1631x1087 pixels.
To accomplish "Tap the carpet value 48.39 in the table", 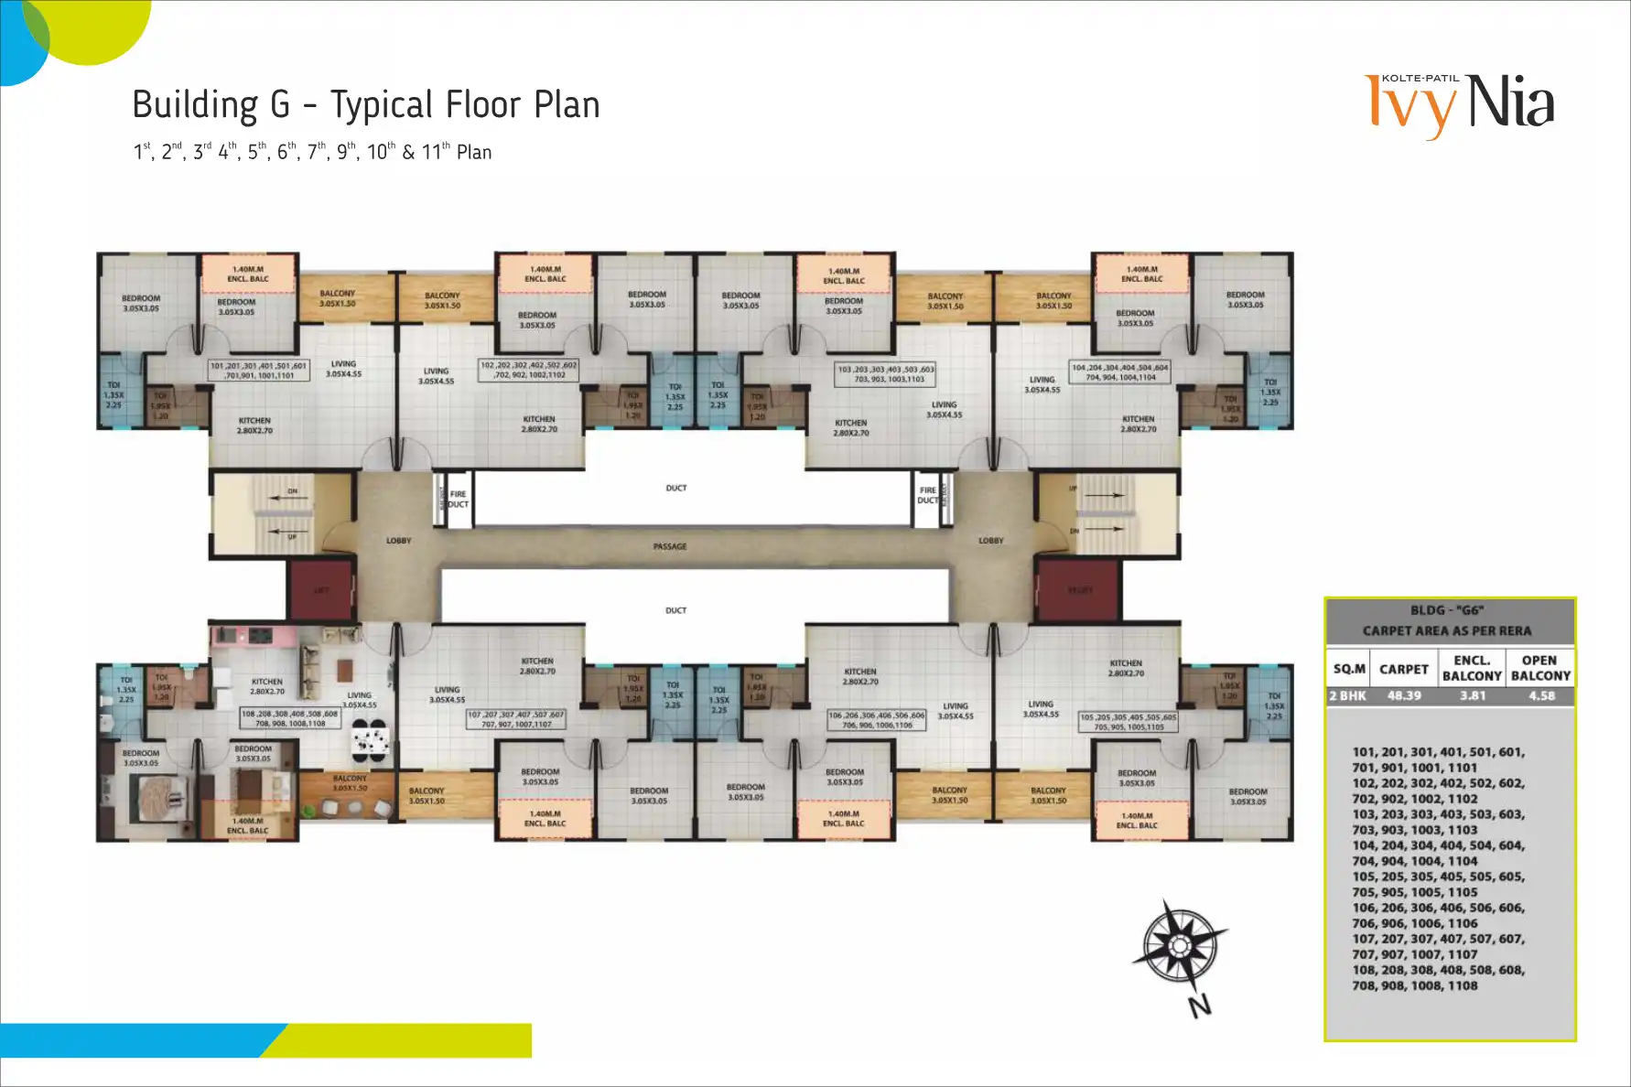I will (1403, 695).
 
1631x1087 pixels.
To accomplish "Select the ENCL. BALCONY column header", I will (1471, 668).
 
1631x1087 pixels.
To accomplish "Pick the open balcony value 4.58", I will (1541, 695).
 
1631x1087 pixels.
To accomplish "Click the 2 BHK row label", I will (1347, 695).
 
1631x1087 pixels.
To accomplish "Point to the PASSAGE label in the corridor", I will (670, 546).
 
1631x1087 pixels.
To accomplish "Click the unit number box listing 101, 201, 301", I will (259, 370).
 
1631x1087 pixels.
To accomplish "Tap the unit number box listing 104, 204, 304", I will (1120, 372).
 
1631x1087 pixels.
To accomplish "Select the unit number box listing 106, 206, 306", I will (877, 720).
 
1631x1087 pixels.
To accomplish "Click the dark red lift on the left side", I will (321, 590).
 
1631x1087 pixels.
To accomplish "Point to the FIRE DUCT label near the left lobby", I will (458, 499).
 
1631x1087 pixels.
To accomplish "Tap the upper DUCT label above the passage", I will (675, 488).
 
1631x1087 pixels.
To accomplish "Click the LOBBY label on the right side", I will (990, 541).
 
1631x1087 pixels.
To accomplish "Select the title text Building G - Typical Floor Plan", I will (365, 105).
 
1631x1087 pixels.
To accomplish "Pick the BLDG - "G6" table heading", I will (1446, 610).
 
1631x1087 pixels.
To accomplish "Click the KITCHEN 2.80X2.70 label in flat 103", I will (850, 427).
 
